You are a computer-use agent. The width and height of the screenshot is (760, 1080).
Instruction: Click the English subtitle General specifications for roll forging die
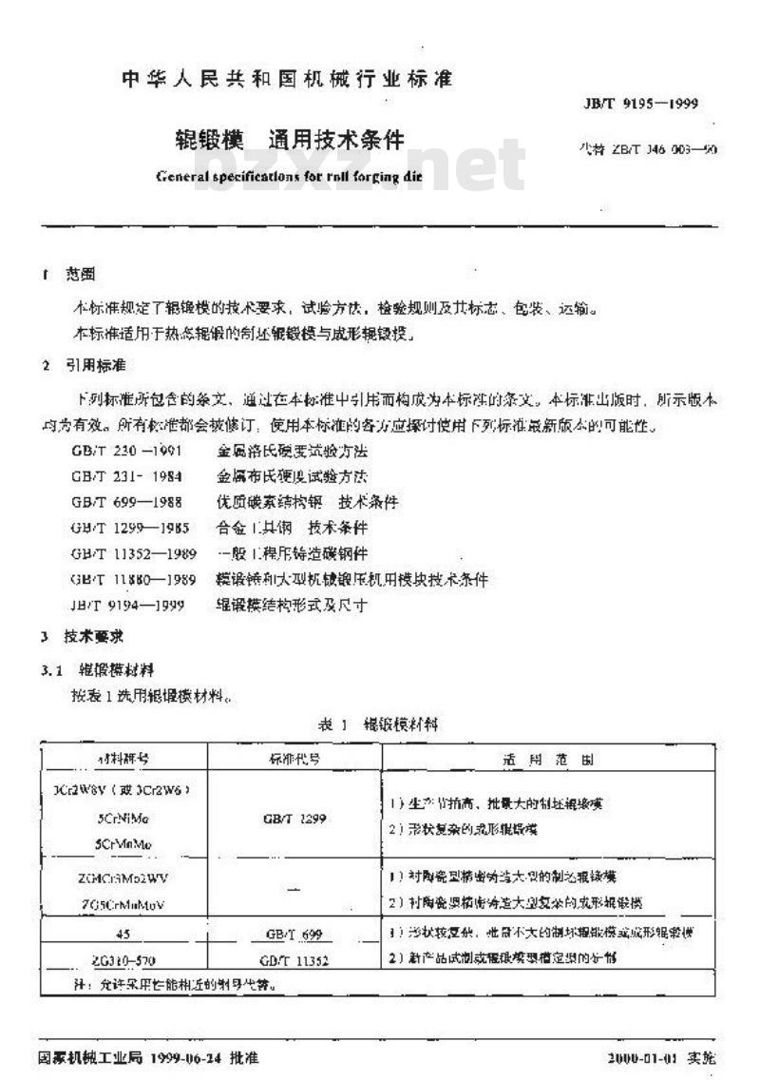pyautogui.click(x=293, y=175)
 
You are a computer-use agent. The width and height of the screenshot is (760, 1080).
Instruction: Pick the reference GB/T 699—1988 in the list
pyautogui.click(x=126, y=500)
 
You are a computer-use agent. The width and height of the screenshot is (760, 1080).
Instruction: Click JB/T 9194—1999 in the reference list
pyautogui.click(x=127, y=605)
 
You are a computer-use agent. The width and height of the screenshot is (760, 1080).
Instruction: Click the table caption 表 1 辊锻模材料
pyautogui.click(x=379, y=723)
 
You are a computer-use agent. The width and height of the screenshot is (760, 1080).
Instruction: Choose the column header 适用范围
pyautogui.click(x=548, y=759)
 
